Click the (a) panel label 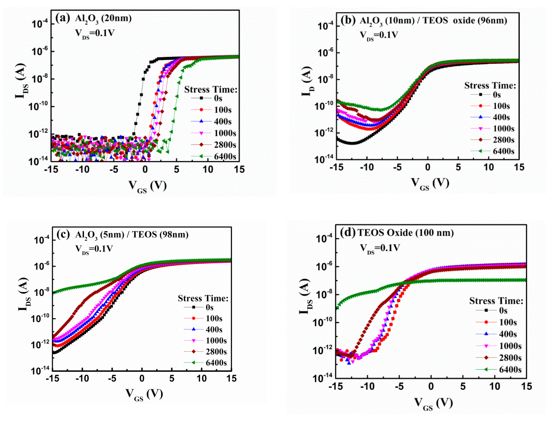pos(62,18)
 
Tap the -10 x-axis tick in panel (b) pos(367,167)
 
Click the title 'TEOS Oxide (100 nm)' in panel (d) pos(405,233)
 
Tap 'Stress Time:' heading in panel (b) pos(490,85)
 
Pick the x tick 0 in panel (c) pos(142,379)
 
